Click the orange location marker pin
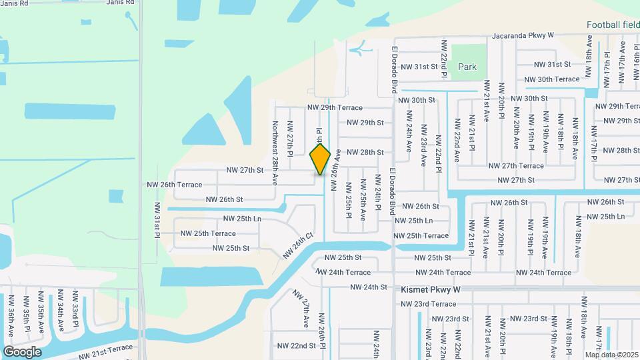321,159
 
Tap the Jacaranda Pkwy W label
523,36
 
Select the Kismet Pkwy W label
431,291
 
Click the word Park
467,67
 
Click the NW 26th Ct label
297,245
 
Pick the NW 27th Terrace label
516,166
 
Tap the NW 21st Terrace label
106,351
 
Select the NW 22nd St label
296,345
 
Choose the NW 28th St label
365,152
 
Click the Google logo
22,352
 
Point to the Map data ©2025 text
611,354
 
